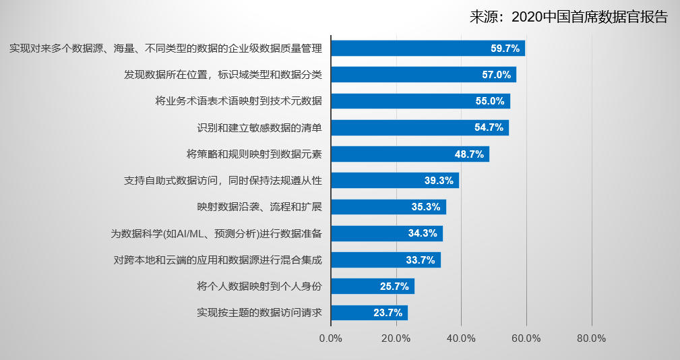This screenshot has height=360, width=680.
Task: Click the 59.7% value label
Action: (x=505, y=49)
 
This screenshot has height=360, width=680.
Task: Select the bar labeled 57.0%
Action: (x=423, y=75)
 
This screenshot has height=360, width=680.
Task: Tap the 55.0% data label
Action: (x=490, y=101)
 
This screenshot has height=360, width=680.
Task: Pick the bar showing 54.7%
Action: (x=419, y=127)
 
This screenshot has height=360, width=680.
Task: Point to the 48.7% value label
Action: (x=469, y=154)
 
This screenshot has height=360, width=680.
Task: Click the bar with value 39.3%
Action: (x=394, y=180)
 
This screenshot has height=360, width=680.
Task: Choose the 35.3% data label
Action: (x=426, y=207)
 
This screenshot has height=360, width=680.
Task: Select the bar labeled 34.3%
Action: (x=386, y=233)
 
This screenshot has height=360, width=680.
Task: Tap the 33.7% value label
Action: (x=421, y=260)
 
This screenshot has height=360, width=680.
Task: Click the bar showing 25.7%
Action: (x=372, y=287)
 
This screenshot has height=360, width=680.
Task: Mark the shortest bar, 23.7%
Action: (x=369, y=313)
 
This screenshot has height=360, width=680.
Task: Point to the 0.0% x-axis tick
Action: (x=331, y=338)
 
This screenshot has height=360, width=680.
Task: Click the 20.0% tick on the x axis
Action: (x=396, y=338)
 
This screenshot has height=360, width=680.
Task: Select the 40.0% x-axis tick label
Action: (x=462, y=338)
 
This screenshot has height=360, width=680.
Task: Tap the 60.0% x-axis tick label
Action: (x=526, y=338)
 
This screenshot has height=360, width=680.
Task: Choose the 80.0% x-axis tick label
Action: (x=592, y=338)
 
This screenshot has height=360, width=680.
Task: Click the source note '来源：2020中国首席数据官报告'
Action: (x=569, y=18)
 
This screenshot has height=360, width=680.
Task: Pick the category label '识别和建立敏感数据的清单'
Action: (x=259, y=127)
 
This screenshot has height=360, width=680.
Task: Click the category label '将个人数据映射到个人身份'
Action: (x=259, y=287)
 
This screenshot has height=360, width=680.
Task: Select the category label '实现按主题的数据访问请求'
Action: (x=259, y=313)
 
